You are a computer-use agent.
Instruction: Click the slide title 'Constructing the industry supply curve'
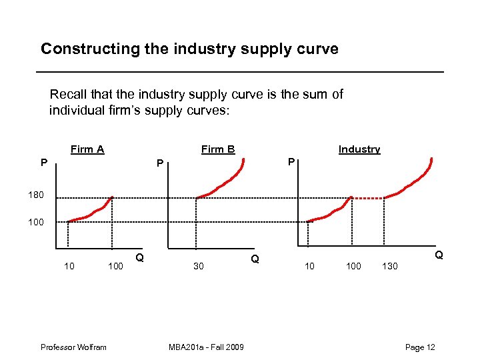tap(189, 49)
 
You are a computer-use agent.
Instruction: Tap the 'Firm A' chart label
tap(87, 149)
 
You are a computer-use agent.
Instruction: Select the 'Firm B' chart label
tap(218, 149)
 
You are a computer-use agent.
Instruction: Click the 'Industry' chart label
tap(359, 149)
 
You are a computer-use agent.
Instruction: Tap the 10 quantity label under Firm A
tap(69, 267)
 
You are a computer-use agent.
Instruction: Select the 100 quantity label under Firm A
tap(115, 267)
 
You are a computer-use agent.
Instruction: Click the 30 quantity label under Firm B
tap(198, 267)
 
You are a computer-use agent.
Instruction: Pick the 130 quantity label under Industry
tap(389, 267)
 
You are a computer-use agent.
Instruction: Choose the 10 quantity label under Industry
tap(309, 267)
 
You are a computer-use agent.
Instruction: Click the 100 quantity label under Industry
tap(353, 267)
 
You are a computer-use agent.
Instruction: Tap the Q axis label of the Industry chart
tap(439, 255)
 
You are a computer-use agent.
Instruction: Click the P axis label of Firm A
tap(43, 162)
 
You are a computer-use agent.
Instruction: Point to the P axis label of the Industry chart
tap(290, 162)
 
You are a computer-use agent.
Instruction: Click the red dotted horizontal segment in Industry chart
tap(368, 197)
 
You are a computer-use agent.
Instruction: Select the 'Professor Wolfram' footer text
tap(73, 347)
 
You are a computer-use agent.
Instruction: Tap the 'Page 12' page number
tap(420, 347)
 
